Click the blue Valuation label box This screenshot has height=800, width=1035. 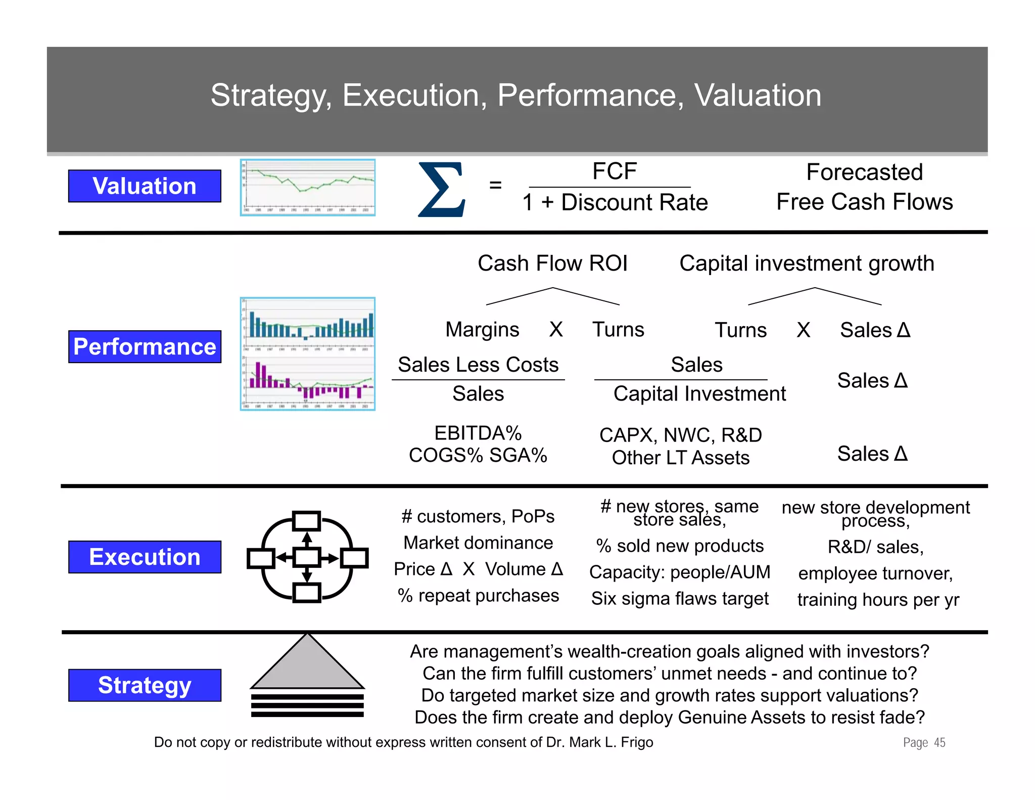[x=145, y=186]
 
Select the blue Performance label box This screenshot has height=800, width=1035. [x=145, y=347]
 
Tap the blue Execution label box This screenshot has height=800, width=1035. [x=145, y=557]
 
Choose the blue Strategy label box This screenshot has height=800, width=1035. [x=145, y=685]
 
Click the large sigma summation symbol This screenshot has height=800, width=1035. [x=441, y=190]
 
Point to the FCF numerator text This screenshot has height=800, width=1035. [x=614, y=171]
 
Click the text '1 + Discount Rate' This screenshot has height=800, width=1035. [x=615, y=202]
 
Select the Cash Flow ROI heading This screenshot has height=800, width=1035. [x=552, y=263]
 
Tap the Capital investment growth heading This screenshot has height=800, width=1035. [x=807, y=263]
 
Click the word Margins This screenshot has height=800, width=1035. [x=482, y=330]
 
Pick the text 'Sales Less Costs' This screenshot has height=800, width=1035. [x=478, y=365]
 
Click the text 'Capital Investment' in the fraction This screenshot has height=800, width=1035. [x=699, y=394]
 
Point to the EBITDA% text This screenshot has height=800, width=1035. [x=478, y=433]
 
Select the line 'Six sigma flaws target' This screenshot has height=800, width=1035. [x=680, y=599]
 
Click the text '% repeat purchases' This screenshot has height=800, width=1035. [x=478, y=596]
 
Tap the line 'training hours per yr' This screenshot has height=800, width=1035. [x=878, y=600]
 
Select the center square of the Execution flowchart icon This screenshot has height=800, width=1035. [x=307, y=558]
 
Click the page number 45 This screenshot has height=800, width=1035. [x=939, y=742]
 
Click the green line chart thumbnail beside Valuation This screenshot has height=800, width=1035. [x=308, y=188]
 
